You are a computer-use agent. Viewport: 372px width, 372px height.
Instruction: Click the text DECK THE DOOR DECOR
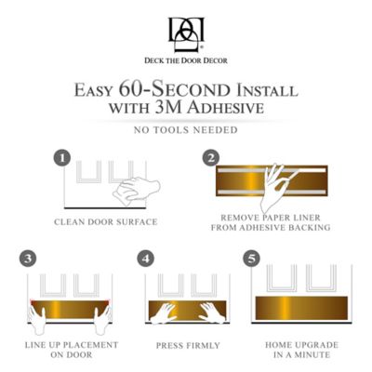click(186, 60)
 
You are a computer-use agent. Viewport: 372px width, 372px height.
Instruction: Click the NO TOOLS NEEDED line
click(186, 129)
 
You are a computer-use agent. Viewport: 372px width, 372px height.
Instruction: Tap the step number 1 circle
click(61, 159)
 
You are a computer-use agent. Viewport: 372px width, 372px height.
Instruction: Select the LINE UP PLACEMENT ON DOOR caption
click(68, 350)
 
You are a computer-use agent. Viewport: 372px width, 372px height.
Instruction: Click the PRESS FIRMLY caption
click(185, 344)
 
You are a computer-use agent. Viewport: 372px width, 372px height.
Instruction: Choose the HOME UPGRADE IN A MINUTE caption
click(301, 350)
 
